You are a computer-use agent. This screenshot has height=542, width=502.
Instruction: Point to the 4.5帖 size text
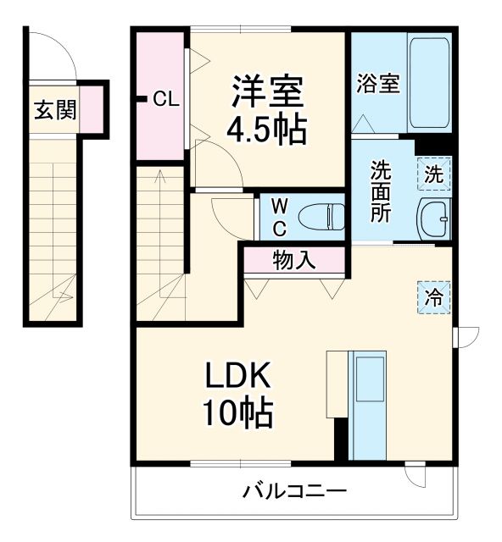pyautogui.click(x=265, y=128)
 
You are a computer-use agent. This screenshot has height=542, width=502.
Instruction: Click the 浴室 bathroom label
pyautogui.click(x=378, y=86)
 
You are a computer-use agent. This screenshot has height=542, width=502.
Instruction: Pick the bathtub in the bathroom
pyautogui.click(x=430, y=81)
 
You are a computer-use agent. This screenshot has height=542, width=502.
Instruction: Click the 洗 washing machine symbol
pyautogui.click(x=434, y=175)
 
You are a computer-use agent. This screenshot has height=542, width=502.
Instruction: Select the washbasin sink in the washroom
pyautogui.click(x=434, y=219)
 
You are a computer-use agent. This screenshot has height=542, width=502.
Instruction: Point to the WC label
pyautogui.click(x=279, y=218)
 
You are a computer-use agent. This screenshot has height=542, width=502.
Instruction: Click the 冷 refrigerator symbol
pyautogui.click(x=434, y=297)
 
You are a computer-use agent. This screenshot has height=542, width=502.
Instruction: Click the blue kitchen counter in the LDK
pyautogui.click(x=368, y=405)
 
